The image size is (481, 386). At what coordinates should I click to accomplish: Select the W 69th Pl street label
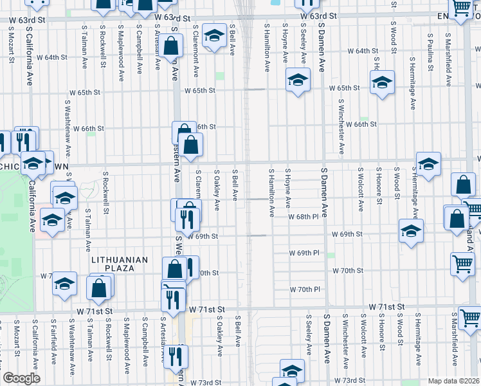pyautogui.click(x=304, y=253)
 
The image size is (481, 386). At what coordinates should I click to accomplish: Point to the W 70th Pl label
pyautogui.click(x=304, y=289)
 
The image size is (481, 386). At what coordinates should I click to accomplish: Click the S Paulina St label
pyautogui.click(x=429, y=50)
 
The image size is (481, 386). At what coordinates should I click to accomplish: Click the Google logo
pyautogui.click(x=21, y=378)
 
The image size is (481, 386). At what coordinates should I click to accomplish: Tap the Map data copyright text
pyautogui.click(x=453, y=381)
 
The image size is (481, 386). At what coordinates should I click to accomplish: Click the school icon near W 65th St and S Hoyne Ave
pyautogui.click(x=298, y=80)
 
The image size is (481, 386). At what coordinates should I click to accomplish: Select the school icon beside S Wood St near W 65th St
pyautogui.click(x=381, y=82)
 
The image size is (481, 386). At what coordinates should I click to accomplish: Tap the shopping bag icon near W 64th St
pyautogui.click(x=170, y=46)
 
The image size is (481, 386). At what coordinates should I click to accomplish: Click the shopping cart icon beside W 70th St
pyautogui.click(x=464, y=266)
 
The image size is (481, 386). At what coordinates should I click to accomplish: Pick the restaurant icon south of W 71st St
pyautogui.click(x=176, y=356)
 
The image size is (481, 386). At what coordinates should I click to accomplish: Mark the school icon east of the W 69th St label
pyautogui.click(x=411, y=231)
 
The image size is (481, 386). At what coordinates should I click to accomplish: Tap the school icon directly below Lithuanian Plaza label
pyautogui.click(x=64, y=284)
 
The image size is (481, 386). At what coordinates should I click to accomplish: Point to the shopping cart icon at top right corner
pyautogui.click(x=461, y=8)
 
